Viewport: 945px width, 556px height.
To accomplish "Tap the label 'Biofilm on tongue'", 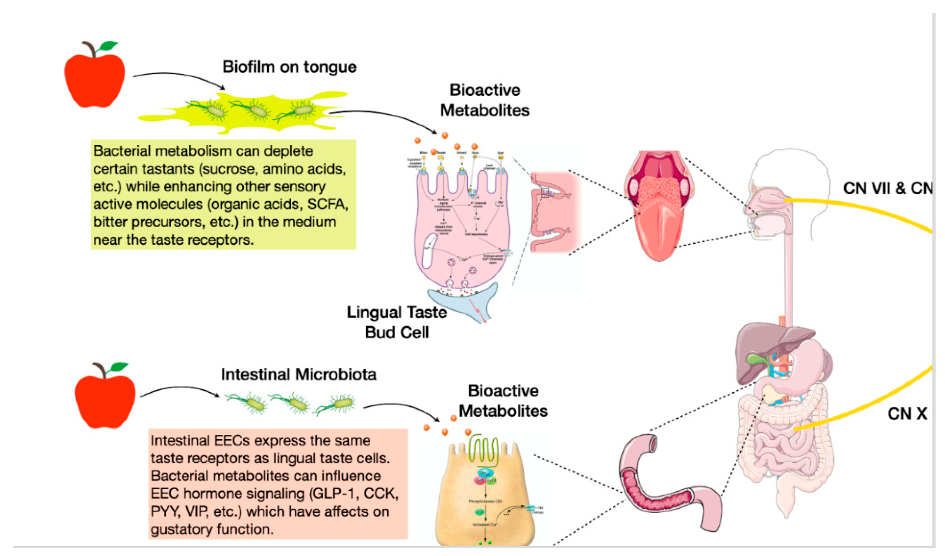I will (289, 67).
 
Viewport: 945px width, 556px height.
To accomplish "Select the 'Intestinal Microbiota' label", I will (299, 374).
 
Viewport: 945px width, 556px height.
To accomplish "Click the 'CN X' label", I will (907, 414).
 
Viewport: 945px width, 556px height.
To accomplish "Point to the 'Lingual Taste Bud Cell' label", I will (397, 322).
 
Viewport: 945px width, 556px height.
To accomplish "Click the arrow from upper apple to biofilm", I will (180, 77).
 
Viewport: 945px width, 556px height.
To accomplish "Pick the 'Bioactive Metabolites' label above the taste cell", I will (485, 100).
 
